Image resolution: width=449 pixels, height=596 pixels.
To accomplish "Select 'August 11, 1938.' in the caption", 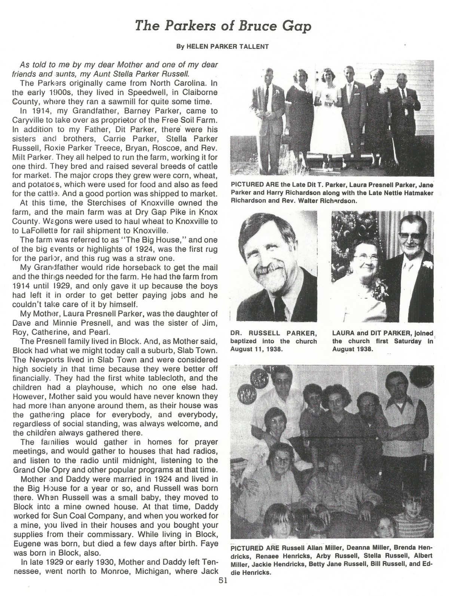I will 254,349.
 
